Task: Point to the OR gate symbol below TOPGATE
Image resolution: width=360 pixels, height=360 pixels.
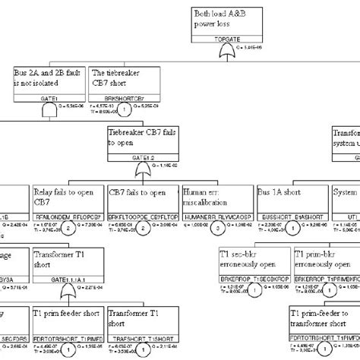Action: click(226, 51)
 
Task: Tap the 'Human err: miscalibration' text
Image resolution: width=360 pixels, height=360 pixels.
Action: click(216, 197)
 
